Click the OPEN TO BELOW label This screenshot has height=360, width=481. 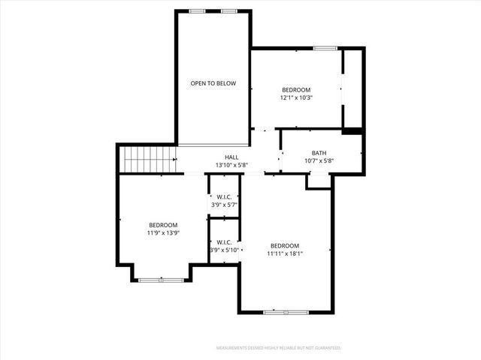pos(213,83)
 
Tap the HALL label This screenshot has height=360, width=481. pos(231,157)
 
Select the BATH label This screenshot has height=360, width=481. pos(319,152)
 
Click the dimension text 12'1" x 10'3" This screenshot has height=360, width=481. pos(296,97)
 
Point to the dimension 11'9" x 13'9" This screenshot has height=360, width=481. pos(163,233)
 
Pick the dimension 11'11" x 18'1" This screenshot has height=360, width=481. pos(285,253)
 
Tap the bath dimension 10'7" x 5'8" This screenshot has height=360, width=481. pos(319,160)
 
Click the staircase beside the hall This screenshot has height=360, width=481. pos(149,159)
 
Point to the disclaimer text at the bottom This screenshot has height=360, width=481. pos(279,348)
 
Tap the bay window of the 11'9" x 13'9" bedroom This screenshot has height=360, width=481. pos(162,280)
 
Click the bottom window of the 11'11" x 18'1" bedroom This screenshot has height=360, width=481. pos(286,311)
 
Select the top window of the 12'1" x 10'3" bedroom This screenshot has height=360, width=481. pos(325,49)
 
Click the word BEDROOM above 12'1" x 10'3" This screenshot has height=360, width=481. pos(295,89)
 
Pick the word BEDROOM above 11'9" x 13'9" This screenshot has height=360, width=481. pos(163,226)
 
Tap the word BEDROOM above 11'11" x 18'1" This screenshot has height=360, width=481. pos(285,246)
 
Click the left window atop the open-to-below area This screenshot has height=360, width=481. pos(198,10)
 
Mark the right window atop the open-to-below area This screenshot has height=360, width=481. pos(229,10)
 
